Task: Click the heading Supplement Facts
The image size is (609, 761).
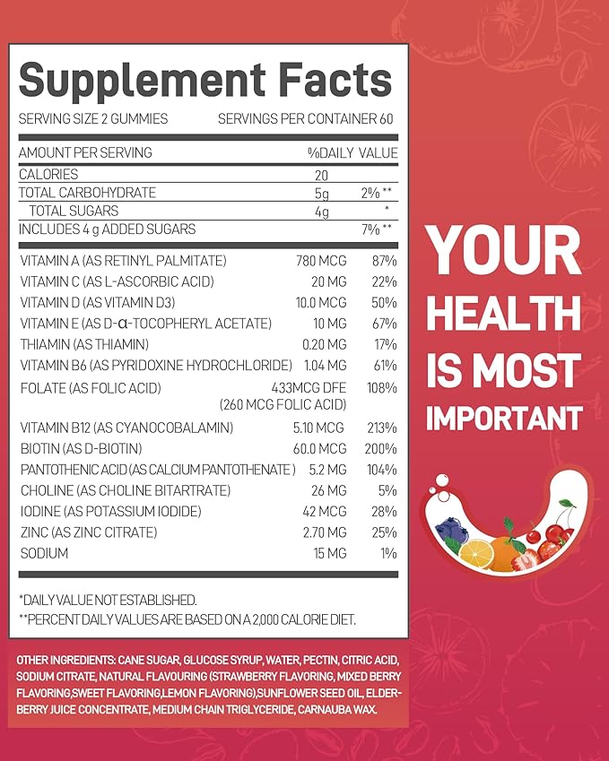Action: pos(205,81)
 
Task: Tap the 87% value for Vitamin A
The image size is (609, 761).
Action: pos(383,261)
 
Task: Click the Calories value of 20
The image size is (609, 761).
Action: pos(320,175)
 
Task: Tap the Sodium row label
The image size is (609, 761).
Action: pos(44,554)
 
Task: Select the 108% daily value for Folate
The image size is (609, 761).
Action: pos(381,387)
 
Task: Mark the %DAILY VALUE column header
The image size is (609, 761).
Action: pos(352,153)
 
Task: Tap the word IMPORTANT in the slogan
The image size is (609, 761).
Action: pos(503,418)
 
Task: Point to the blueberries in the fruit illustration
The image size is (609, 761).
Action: pos(451,533)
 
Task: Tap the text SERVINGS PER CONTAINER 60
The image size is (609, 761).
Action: pos(307,119)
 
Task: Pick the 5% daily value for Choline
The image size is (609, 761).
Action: pos(387,490)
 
